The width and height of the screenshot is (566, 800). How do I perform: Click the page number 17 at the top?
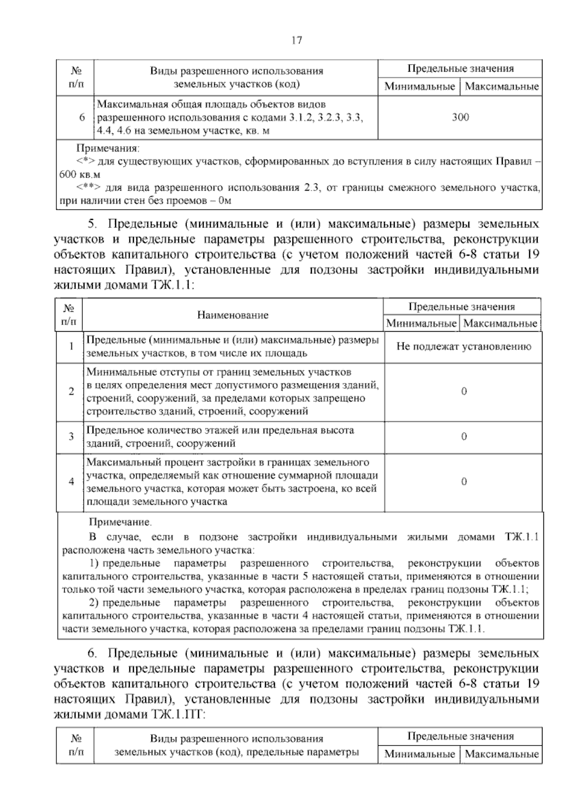click(297, 40)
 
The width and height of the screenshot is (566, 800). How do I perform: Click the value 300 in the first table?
click(460, 117)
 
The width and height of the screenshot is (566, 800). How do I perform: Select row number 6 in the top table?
click(82, 117)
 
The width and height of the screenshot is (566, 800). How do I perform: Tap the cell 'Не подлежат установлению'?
click(464, 347)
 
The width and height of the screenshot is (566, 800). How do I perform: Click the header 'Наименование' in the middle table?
click(233, 315)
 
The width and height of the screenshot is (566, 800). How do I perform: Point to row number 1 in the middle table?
click(71, 347)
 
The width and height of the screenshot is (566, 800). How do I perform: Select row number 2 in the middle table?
click(71, 392)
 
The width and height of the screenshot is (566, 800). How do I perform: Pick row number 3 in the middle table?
click(71, 436)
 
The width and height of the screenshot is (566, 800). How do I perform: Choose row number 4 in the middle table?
click(71, 482)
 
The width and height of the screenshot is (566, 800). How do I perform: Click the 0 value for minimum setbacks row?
click(464, 392)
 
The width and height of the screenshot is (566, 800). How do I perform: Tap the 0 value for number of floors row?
click(464, 436)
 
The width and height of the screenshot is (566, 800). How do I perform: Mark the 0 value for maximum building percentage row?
click(464, 482)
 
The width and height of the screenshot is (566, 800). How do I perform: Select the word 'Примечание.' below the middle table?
click(121, 523)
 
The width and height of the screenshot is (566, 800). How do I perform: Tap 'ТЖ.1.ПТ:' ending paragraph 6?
click(176, 715)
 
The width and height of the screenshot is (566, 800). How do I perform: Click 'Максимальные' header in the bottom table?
click(502, 754)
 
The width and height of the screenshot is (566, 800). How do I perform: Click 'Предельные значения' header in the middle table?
click(462, 307)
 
